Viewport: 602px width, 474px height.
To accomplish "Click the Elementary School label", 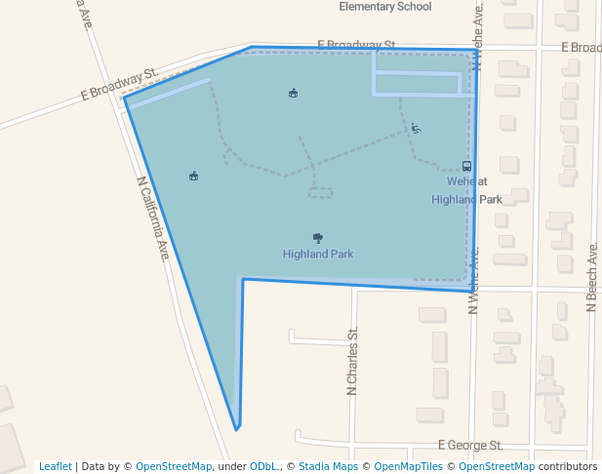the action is (x=384, y=7).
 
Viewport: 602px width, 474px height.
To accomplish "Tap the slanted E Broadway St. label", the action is (x=119, y=85).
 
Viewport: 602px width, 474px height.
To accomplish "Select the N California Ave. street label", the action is (x=154, y=218).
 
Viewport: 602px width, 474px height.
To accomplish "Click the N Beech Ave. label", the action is (x=591, y=278).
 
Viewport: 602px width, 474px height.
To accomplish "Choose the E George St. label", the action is (x=470, y=445).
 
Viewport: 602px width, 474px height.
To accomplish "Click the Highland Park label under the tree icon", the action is (x=318, y=255).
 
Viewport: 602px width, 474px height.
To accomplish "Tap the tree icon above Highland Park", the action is (x=318, y=238).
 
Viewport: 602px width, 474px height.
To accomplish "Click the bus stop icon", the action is (x=466, y=166).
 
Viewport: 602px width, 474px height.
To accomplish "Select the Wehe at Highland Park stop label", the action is (x=466, y=190).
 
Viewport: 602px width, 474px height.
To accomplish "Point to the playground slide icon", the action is (x=416, y=128).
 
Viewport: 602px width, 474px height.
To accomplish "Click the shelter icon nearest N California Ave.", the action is (x=193, y=177).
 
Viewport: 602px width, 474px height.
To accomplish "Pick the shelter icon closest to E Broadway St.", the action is (x=293, y=94).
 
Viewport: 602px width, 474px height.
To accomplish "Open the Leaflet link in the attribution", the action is (x=56, y=466).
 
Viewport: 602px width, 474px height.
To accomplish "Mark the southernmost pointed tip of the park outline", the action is (x=236, y=428).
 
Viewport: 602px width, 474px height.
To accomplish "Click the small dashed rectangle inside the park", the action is (x=320, y=193).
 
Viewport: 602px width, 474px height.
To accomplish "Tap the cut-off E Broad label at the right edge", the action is (x=581, y=48).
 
